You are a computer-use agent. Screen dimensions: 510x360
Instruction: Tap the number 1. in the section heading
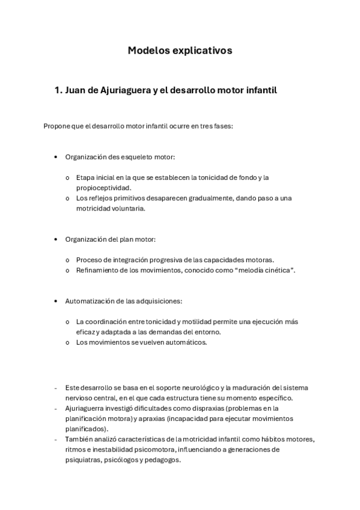(x=58, y=90)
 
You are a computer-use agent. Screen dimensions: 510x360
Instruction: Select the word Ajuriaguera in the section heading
(x=120, y=91)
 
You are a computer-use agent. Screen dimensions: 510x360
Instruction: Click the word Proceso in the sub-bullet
(x=90, y=260)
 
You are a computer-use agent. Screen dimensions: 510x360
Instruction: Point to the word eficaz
(x=86, y=331)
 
